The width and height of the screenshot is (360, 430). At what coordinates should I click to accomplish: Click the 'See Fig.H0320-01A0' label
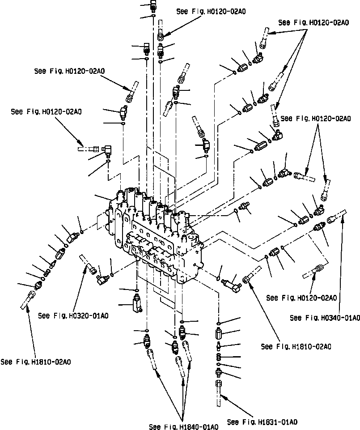tap(73, 315)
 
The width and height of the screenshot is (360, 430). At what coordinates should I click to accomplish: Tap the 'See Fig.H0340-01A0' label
tap(325, 318)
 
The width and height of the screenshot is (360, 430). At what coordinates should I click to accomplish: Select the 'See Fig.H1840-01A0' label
tap(184, 426)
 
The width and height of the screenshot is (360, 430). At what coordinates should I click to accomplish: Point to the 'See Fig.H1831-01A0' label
tap(263, 422)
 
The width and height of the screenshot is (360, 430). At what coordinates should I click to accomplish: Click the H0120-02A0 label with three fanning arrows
tap(313, 22)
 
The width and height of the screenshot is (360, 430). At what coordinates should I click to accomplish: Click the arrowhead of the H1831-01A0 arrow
tap(225, 397)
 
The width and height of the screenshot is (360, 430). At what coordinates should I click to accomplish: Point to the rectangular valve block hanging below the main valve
tap(137, 304)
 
